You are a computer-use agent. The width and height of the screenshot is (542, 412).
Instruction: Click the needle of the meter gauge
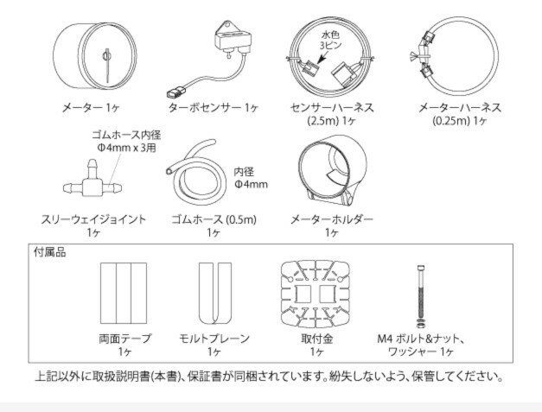(x=107, y=66)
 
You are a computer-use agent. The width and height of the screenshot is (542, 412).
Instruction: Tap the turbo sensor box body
(x=233, y=38)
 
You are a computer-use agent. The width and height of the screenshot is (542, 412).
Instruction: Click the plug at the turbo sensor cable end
(x=176, y=92)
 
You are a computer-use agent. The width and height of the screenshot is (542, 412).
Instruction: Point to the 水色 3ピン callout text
(x=331, y=40)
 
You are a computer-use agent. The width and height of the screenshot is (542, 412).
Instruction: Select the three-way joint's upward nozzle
(x=92, y=168)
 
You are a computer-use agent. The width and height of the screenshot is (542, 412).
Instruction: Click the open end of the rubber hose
(x=169, y=171)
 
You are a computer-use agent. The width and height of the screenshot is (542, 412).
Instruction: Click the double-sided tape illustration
(x=124, y=293)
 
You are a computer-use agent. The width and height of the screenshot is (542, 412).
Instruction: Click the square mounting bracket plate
(x=316, y=294)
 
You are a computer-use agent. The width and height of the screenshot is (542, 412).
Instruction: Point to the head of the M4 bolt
(x=421, y=269)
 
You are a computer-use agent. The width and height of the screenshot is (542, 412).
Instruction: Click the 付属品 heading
(x=50, y=252)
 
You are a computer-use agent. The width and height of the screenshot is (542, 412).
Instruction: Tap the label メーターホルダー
(x=331, y=219)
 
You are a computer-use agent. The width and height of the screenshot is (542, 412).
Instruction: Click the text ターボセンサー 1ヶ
(x=214, y=107)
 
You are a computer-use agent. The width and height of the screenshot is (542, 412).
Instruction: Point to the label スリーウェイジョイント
(x=93, y=219)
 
